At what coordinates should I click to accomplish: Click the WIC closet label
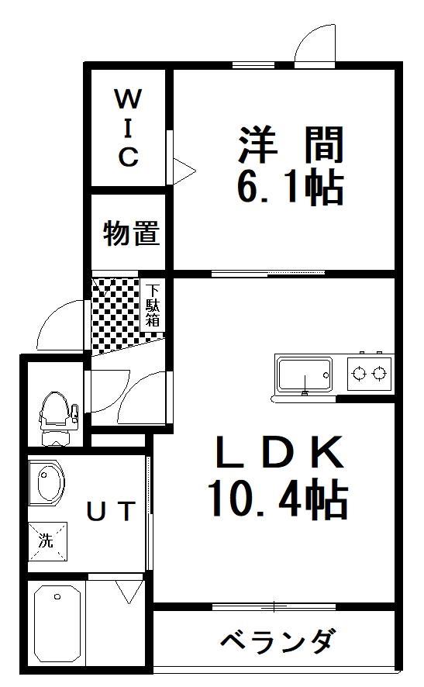(x=129, y=127)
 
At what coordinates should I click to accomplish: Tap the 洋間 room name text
(x=291, y=144)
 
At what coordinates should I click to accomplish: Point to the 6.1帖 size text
(x=290, y=187)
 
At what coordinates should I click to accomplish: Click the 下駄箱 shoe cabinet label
(x=153, y=305)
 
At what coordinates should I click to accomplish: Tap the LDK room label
(x=280, y=451)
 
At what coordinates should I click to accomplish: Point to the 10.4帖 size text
(x=278, y=499)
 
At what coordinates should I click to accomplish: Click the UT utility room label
(x=110, y=511)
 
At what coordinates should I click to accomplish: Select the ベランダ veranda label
(x=278, y=640)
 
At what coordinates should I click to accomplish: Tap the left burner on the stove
(x=359, y=373)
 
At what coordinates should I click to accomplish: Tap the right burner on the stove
(x=379, y=373)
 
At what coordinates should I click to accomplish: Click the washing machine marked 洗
(x=48, y=541)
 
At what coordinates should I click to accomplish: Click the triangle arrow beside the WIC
(x=184, y=171)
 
